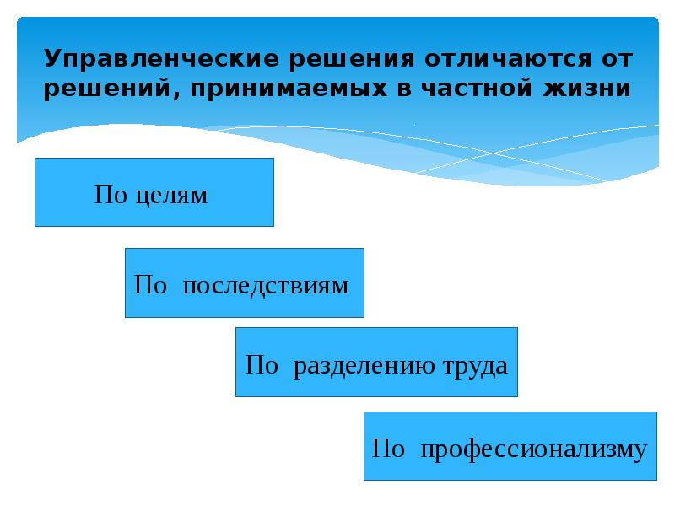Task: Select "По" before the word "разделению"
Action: click(261, 366)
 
